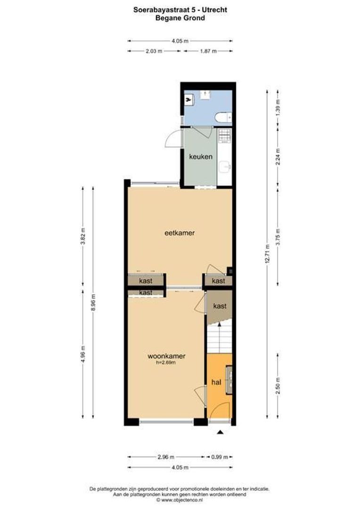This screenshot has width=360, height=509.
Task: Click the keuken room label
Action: tap(201, 157)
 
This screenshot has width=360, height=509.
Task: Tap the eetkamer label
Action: tap(180, 232)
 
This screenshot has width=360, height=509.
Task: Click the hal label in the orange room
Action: tap(216, 382)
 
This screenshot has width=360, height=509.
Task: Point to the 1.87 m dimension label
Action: tap(207, 51)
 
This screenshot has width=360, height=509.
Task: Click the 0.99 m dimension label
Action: tap(220, 457)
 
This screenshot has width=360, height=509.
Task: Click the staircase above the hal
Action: tap(220, 339)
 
